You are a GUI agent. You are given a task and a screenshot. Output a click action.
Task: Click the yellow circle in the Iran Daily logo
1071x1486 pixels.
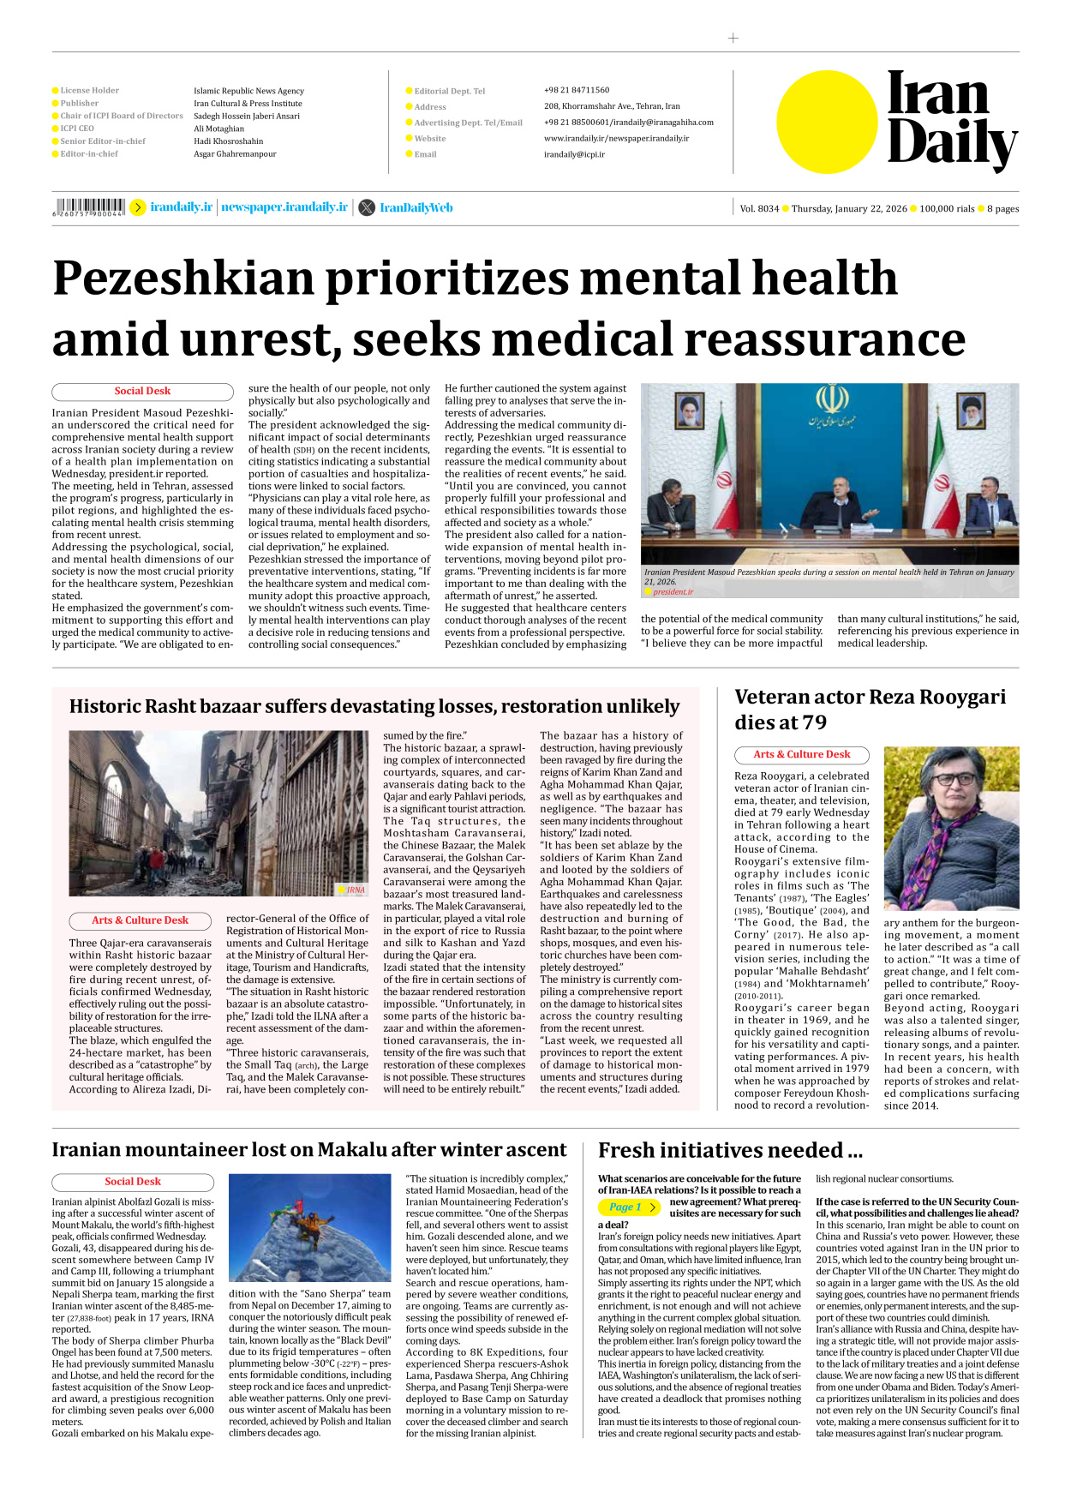point(828,122)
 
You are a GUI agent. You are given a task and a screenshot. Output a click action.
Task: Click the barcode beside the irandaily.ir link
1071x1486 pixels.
point(89,207)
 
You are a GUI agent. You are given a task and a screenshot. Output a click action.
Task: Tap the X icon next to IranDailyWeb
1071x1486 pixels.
point(367,207)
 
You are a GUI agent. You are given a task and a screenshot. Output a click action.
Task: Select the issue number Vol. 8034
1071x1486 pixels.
point(759,208)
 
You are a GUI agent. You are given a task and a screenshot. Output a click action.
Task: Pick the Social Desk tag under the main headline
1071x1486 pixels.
point(142,392)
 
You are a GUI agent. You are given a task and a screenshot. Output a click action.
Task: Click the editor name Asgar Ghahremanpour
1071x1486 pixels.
point(235,154)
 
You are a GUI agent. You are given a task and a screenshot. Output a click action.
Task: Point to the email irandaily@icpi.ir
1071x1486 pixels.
point(574,154)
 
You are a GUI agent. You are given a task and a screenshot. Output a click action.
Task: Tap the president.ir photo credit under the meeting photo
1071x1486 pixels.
point(673,592)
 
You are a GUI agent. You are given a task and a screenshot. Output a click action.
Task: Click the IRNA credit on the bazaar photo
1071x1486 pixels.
point(355,890)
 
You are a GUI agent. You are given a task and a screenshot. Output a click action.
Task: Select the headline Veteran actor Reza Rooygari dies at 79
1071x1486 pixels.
point(870,709)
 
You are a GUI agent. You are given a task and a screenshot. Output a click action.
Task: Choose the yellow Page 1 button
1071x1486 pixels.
point(629,1207)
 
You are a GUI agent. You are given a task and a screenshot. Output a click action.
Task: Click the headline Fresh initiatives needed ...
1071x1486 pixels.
point(730,1150)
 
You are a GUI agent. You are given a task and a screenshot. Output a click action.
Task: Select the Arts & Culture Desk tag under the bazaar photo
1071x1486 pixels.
point(140,920)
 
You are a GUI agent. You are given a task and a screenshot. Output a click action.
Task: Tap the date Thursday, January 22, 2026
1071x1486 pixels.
point(848,208)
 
